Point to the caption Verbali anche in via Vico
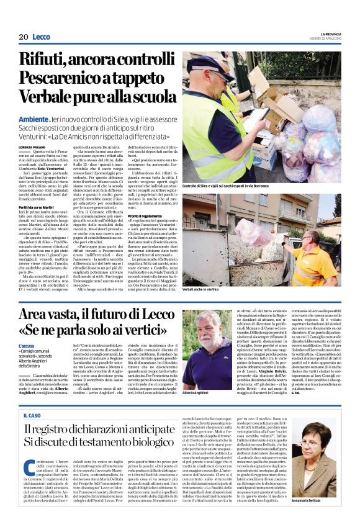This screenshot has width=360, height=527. (x=207, y=289)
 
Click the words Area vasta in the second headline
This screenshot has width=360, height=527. (x=58, y=313)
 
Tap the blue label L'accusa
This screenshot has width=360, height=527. (x=27, y=345)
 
